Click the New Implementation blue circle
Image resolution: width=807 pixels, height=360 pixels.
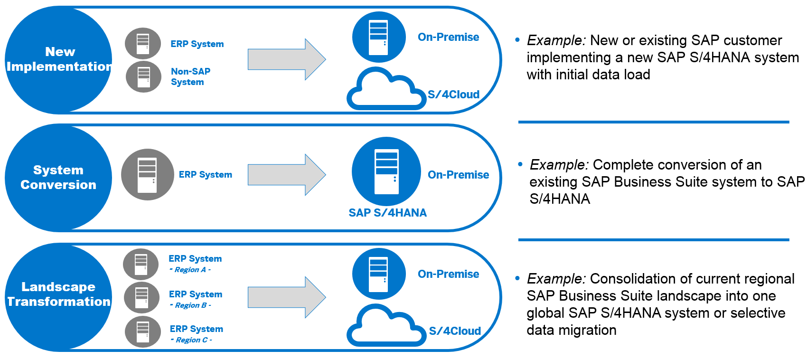pos(58,60)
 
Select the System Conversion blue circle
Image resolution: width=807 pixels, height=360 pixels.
pos(58,178)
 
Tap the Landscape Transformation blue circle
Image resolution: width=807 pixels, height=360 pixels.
pos(58,296)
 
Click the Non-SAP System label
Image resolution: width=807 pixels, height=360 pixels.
pos(190,76)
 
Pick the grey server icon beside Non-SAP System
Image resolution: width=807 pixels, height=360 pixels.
pos(143,76)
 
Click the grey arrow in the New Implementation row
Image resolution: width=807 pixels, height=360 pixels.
pos(286,59)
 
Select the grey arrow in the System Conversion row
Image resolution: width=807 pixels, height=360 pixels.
pos(286,175)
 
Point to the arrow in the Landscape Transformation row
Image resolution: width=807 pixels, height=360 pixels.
pos(286,297)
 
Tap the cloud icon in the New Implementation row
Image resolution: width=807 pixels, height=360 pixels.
pos(385,90)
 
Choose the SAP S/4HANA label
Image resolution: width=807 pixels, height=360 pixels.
pos(387,213)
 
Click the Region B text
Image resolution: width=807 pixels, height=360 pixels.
pos(190,305)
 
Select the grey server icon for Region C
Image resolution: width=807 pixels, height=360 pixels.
pos(143,332)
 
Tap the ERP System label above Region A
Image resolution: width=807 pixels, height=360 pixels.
pos(195,259)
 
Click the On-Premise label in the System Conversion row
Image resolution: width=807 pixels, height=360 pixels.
pos(458,175)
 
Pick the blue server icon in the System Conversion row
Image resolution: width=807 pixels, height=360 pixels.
pos(386,172)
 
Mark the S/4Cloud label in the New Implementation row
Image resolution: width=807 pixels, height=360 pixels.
pos(453,95)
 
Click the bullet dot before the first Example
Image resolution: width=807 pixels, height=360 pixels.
pos(517,40)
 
